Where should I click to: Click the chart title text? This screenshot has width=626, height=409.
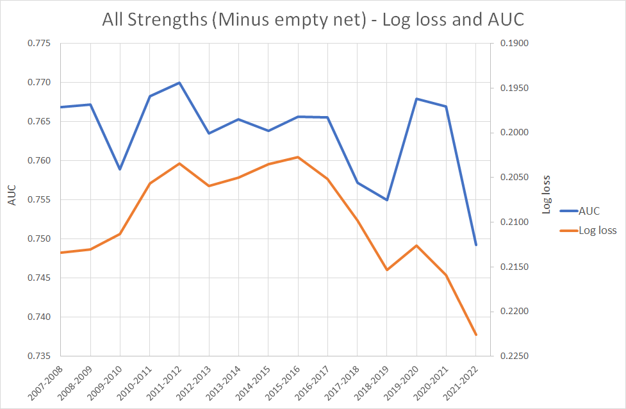(313, 19)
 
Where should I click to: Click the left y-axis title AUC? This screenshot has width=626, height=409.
(12, 196)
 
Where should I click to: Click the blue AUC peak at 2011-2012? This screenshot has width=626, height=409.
(179, 83)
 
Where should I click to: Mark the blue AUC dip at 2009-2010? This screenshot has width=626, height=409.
(120, 169)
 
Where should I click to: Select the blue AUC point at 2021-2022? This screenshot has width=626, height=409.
(476, 245)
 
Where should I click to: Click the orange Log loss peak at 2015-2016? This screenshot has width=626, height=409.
(298, 157)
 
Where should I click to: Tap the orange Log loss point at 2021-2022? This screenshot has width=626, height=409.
(476, 335)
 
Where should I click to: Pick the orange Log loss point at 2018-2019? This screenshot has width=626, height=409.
(387, 270)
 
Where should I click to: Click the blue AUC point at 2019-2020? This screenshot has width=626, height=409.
(416, 99)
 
